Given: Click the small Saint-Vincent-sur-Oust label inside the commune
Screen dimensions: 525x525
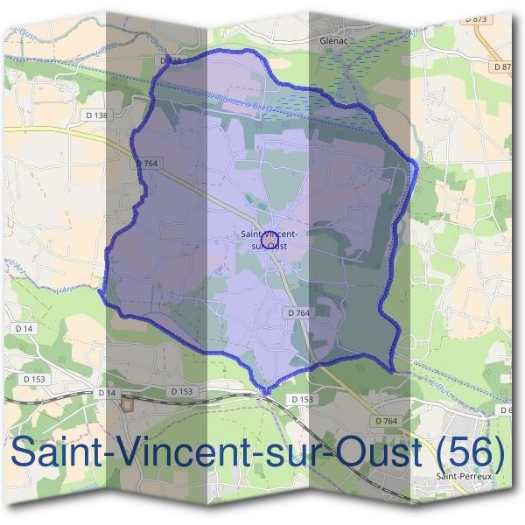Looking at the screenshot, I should [x=269, y=240].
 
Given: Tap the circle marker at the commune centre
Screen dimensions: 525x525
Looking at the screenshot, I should [x=269, y=239].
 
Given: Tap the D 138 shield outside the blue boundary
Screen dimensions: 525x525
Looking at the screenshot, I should [x=98, y=115].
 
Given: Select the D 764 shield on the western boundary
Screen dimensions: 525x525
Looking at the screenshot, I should [x=145, y=164].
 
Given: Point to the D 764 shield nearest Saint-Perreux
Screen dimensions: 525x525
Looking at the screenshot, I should [x=386, y=421].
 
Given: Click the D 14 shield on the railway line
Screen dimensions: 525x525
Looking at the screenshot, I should [x=107, y=393].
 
